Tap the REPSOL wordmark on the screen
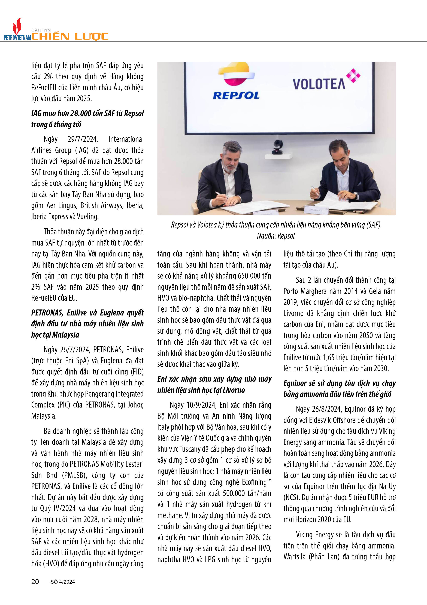pyautogui.click(x=236, y=95)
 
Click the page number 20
pyautogui.click(x=35, y=582)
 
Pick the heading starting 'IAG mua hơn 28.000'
pyautogui.click(x=87, y=119)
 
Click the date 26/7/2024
pyautogui.click(x=75, y=350)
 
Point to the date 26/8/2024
pyautogui.click(x=326, y=409)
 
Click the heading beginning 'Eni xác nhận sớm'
pyautogui.click(x=214, y=384)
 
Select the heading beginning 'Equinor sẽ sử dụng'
pyautogui.click(x=339, y=389)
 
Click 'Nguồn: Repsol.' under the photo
pyautogui.click(x=276, y=236)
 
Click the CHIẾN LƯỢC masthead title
pyautogui.click(x=70, y=36)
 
